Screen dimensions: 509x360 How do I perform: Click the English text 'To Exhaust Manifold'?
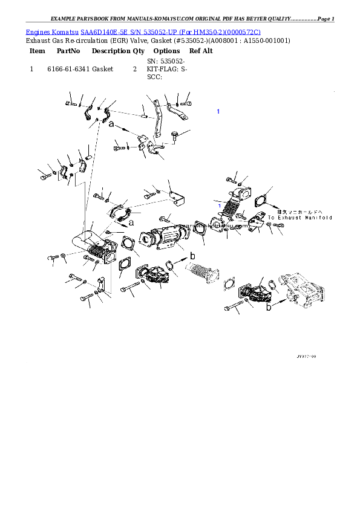[300, 217]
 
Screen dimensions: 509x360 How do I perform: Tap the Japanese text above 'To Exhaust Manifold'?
[300, 212]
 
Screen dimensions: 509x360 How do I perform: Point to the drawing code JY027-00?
[306, 357]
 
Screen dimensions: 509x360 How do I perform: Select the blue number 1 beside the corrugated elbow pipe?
[220, 206]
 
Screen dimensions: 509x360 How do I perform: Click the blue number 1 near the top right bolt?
[218, 111]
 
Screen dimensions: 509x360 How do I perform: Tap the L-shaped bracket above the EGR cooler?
[177, 197]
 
